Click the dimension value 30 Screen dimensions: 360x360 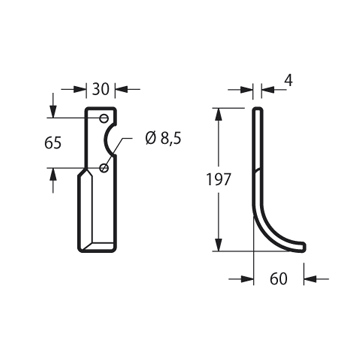101,89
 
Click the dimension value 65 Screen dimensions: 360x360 53,143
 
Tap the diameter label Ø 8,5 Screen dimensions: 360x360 163,139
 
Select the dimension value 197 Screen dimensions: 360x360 218,180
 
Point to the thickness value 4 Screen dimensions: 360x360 289,81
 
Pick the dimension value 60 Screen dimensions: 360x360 278,279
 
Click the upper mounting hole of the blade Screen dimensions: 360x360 104,118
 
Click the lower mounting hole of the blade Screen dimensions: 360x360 104,168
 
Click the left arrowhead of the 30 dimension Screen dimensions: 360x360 80,89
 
